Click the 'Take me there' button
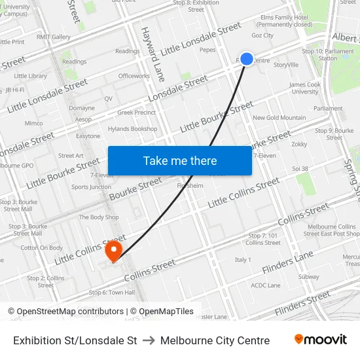180,160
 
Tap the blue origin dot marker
247,59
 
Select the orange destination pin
114,250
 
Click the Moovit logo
320,340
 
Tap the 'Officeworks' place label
134,76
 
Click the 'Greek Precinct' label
136,113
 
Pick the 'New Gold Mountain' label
279,118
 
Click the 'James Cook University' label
305,88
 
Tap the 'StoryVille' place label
286,65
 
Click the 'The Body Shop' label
99,217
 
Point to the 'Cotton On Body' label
42,248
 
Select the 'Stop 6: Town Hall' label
111,293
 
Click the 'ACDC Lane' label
266,285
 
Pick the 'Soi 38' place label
300,168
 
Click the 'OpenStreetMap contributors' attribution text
70,312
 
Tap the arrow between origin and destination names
149,340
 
